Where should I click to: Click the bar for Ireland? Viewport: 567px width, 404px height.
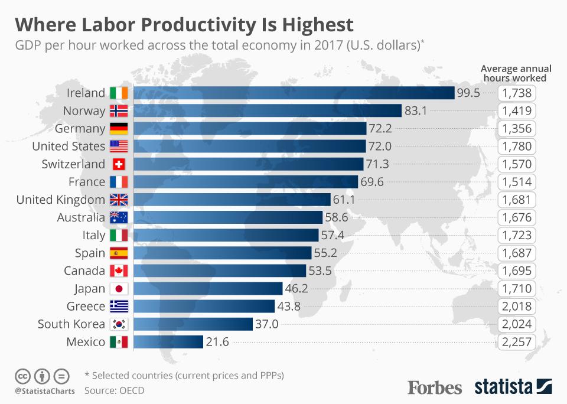294,93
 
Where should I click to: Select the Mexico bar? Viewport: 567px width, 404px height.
169,342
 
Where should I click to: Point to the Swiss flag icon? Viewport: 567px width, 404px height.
119,164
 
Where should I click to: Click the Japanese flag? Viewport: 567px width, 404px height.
119,289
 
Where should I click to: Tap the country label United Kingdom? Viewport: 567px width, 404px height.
60,200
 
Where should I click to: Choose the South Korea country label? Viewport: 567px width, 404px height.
71,324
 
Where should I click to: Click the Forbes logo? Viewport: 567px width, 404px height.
435,387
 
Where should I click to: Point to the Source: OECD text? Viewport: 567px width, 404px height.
114,390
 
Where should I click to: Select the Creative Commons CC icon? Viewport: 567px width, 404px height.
22,375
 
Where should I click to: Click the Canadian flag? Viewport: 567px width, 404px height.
119,271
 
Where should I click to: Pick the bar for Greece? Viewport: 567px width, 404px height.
204,307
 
